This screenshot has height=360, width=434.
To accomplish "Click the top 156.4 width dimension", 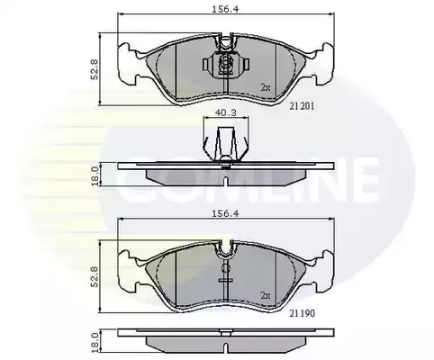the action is pos(225,9).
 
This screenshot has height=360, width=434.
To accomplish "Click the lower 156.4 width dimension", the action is pos(225,214).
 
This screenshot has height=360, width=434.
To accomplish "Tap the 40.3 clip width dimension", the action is pos(226,112).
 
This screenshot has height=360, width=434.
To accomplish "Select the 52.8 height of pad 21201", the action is pos(95,69).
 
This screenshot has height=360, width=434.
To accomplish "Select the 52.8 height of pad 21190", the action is pos(95,276).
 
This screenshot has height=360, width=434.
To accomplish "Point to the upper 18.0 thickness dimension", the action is pos(95,176).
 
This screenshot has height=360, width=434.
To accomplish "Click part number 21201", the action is pos(302,106).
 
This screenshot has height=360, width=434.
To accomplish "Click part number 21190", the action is pos(303,313).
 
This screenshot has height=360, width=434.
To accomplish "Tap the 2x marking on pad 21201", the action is pos(266,87).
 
